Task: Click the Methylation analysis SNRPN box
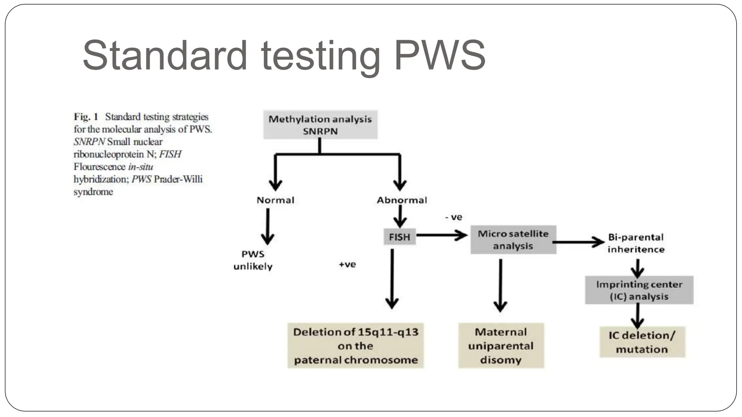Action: coord(320,125)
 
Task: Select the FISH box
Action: coord(399,237)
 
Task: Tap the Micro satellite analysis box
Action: coord(513,240)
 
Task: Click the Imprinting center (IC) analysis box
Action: coord(639,290)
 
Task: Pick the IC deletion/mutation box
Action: coord(642,342)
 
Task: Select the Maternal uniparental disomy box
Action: coord(501,346)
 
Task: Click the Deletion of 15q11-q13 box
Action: coord(355,346)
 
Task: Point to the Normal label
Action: coord(275,200)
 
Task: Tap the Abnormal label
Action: coord(402,200)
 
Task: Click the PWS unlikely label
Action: coord(253,260)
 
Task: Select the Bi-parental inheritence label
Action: coord(636,243)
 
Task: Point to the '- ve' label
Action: coord(454,217)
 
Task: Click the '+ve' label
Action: coord(347,265)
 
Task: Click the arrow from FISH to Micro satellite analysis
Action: coord(442,235)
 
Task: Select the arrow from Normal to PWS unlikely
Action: coord(268,226)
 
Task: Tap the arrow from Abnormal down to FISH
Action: coord(400,216)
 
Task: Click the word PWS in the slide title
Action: coord(439,55)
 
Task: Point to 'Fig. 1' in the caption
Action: coord(86,117)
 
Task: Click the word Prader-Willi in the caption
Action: coord(178,179)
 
